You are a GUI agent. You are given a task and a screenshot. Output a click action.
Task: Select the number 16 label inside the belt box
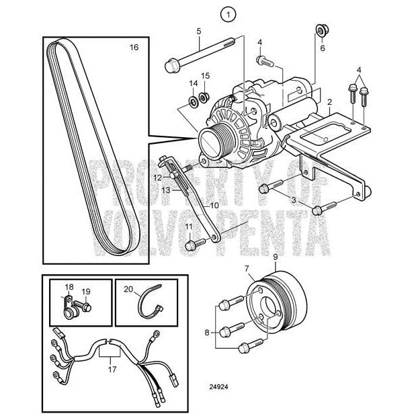coord(133,48)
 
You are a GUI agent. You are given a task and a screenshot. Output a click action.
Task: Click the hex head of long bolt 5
coord(171,66)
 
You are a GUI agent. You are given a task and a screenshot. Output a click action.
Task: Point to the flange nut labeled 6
coord(321,31)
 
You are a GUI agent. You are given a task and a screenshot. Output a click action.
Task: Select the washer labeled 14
coord(192,101)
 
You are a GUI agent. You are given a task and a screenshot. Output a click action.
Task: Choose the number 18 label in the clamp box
coord(68,287)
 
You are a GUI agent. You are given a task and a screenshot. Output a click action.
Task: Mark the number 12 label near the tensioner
coord(156,178)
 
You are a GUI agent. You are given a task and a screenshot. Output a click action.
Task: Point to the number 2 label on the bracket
coord(329,102)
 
